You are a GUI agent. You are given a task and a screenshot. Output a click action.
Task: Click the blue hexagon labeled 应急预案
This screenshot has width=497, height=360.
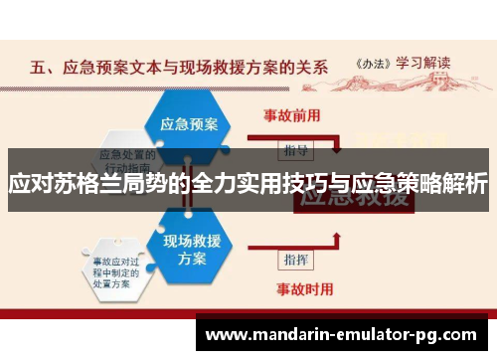(189, 125)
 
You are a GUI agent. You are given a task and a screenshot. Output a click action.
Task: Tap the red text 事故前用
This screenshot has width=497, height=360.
(291, 114)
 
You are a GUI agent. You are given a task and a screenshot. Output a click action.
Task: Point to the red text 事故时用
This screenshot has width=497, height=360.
(291, 290)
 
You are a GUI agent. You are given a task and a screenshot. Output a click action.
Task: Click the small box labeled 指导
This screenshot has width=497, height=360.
(295, 150)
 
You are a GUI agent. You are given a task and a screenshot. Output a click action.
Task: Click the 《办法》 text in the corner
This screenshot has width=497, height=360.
(374, 61)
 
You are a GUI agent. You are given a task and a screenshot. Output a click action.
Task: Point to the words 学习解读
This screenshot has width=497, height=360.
(428, 61)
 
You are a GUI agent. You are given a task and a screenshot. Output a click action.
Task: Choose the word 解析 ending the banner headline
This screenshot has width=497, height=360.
(464, 185)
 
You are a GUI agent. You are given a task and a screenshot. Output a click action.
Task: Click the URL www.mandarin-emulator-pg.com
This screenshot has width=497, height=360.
(344, 332)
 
